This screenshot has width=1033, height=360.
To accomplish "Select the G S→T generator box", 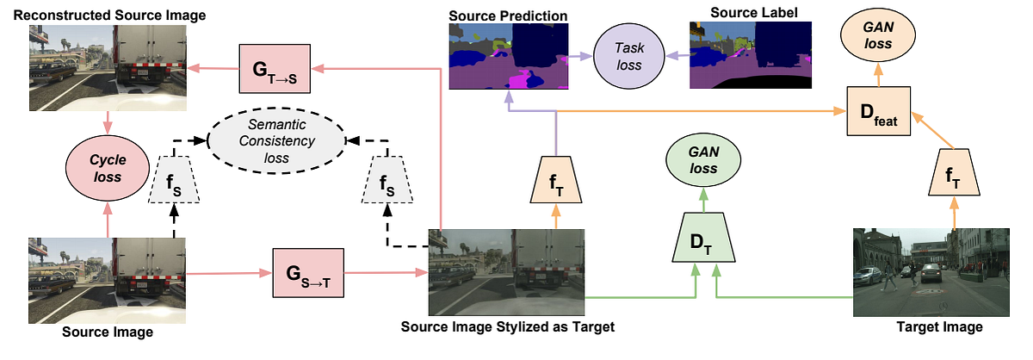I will (x=307, y=274).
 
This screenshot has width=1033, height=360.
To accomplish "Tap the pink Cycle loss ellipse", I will (x=108, y=168).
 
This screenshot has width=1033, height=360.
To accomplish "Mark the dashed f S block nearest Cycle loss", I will (x=174, y=183).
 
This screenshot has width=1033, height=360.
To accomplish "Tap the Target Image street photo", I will (x=930, y=272).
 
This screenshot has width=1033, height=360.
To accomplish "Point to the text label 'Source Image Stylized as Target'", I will (x=507, y=328).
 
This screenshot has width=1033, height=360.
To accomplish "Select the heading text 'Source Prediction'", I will (x=508, y=16).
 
